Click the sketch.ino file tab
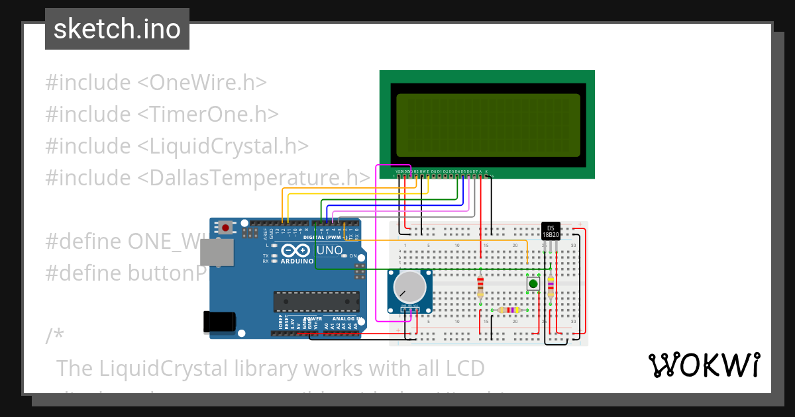click(117, 29)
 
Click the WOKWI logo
click(704, 365)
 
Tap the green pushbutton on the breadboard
click(533, 284)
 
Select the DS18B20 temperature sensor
click(550, 231)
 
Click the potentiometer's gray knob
click(409, 287)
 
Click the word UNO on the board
click(329, 250)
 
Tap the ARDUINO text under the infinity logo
click(297, 261)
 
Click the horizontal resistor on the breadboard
click(509, 310)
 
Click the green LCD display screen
click(488, 124)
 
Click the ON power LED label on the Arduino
click(353, 256)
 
